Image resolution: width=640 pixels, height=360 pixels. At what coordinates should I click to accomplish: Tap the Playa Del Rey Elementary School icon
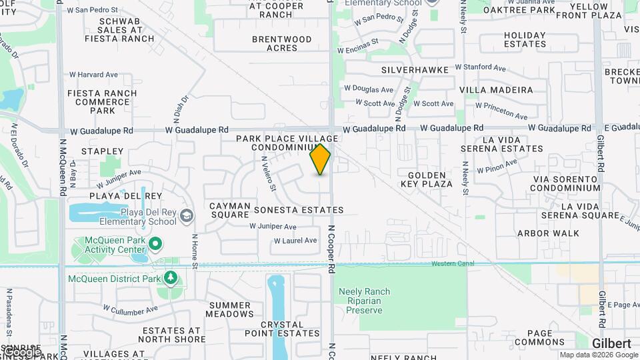coord(187,215)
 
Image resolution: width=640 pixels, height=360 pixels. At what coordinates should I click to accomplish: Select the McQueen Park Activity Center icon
coord(156,244)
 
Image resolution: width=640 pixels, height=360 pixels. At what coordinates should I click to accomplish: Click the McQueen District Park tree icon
coord(171,277)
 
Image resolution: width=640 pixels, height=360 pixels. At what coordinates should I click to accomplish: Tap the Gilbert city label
coord(611,343)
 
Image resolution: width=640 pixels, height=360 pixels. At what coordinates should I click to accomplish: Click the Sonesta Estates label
coord(299,210)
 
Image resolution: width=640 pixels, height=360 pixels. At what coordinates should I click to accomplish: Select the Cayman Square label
coord(230,211)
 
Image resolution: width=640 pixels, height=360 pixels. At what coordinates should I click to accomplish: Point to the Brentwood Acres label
coord(281,43)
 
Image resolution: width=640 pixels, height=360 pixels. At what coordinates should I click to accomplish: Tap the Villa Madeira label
coord(497,90)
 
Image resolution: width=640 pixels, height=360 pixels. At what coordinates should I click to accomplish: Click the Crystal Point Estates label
coord(273,329)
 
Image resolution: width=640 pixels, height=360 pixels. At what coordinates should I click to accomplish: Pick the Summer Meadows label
coord(230,309)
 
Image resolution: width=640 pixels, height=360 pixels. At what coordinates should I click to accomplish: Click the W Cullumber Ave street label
coord(130,309)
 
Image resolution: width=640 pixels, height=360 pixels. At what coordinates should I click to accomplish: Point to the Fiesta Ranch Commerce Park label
coord(102,102)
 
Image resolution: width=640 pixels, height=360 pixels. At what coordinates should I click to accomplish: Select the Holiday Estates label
coord(525,39)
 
